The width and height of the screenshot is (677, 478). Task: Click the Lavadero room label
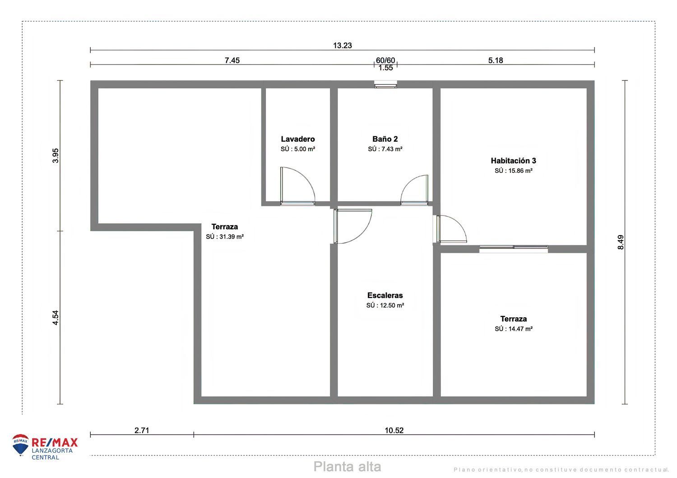(x=297, y=139)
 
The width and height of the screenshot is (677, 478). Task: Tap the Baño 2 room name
(x=385, y=139)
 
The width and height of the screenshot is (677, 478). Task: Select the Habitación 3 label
(x=513, y=161)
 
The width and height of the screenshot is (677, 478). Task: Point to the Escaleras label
(x=385, y=296)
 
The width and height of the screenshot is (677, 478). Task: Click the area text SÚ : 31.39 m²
(x=225, y=237)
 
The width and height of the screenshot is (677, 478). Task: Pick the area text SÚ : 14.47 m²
(x=513, y=329)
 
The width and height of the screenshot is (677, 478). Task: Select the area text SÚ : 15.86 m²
(x=513, y=171)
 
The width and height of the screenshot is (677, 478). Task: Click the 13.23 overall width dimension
(x=342, y=45)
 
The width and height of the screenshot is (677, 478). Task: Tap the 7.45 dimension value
(x=232, y=60)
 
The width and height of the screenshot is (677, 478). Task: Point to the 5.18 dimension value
(x=495, y=60)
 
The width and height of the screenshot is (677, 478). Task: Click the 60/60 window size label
(x=385, y=60)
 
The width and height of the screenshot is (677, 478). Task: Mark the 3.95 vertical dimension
(x=56, y=156)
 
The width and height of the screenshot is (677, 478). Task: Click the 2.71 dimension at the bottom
(x=142, y=431)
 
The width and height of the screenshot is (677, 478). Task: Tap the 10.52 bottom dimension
(x=394, y=431)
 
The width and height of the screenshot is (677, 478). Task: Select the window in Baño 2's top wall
(x=385, y=84)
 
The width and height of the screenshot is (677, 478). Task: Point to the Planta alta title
(x=347, y=467)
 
